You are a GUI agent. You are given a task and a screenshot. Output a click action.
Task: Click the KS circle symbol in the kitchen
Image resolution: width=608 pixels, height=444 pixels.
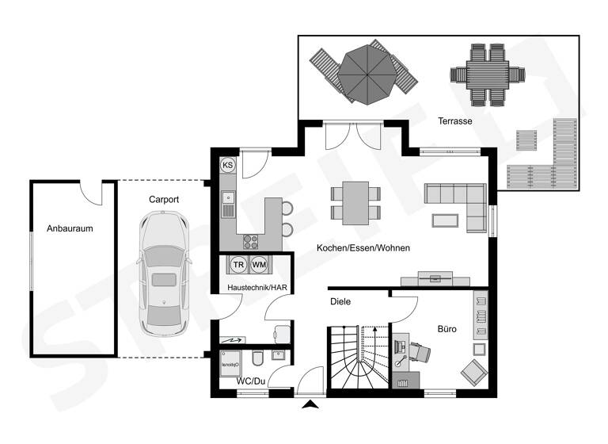tap(228, 165)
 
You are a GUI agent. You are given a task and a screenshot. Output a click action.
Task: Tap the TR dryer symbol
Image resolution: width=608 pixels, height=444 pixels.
tap(237, 264)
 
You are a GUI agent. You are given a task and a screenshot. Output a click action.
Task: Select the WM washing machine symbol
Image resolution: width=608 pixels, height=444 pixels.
tap(259, 264)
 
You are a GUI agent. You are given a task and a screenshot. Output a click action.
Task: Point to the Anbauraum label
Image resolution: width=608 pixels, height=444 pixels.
tap(70, 229)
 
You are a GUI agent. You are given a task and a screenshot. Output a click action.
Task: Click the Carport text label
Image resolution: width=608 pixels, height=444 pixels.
tap(164, 200)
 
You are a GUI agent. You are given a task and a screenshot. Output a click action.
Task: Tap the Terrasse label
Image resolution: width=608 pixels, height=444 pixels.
tap(455, 121)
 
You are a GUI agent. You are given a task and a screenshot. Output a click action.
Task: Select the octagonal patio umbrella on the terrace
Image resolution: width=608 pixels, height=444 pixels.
tap(364, 75)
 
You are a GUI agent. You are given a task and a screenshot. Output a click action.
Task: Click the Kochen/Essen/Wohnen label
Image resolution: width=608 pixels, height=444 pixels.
tap(363, 248)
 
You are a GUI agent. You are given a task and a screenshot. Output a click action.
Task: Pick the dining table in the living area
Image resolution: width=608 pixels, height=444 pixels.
tap(355, 201)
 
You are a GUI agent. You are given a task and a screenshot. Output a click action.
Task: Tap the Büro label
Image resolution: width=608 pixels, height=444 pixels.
tap(447, 328)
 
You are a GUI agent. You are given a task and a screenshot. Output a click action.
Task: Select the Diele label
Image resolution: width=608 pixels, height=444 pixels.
tap(340, 301)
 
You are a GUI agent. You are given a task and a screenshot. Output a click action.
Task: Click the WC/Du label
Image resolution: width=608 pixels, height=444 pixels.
tap(251, 381)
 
